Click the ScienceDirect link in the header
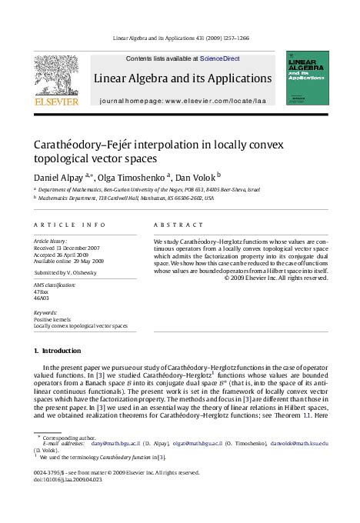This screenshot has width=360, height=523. (219, 58)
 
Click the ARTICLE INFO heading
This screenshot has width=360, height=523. (59, 225)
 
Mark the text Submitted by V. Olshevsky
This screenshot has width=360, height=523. (72, 273)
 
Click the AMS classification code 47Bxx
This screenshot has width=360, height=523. (43, 293)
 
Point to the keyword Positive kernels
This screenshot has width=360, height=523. (52, 318)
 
